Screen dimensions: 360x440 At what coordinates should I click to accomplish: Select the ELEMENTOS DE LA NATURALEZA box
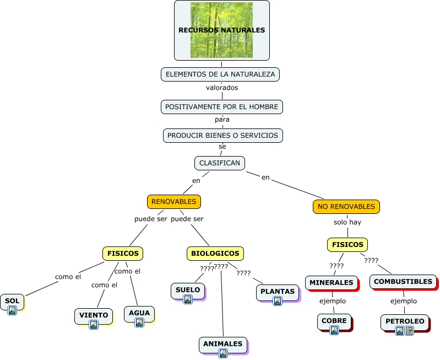(220, 74)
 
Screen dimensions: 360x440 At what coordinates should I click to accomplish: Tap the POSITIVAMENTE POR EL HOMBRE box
(222, 106)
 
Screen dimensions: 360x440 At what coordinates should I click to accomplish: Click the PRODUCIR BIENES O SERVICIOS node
(223, 135)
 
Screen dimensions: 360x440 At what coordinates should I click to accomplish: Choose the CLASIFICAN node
(220, 163)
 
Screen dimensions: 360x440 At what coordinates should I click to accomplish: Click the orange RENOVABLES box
(174, 202)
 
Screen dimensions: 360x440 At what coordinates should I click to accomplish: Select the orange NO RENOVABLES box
(346, 207)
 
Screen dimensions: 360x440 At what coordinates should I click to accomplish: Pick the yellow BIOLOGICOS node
(215, 254)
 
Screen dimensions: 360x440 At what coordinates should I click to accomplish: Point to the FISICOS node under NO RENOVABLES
(347, 244)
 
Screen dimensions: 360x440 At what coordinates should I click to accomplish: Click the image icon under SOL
(12, 310)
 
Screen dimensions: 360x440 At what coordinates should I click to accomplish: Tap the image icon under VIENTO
(94, 325)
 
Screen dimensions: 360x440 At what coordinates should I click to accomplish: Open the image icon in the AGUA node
(139, 323)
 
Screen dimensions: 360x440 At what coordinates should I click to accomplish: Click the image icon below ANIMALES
(223, 353)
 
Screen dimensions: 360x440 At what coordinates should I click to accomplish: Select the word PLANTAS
(278, 291)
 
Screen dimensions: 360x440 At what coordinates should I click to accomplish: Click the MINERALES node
(332, 283)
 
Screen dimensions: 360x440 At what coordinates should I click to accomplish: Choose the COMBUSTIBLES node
(403, 282)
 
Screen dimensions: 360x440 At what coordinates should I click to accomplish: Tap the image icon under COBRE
(334, 330)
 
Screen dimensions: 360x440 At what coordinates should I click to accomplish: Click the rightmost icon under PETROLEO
(409, 331)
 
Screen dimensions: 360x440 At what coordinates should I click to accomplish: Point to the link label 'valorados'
(222, 88)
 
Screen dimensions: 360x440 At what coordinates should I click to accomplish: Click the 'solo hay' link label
(347, 222)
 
